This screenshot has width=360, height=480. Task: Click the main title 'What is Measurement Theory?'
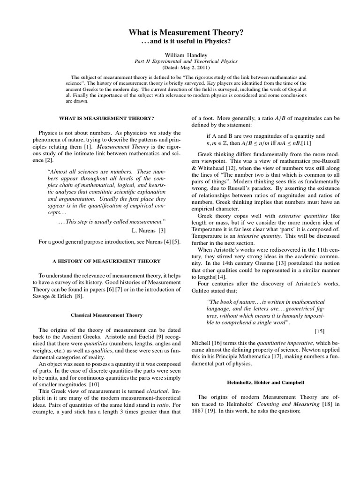coord(186,32)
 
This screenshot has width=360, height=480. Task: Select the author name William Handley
coord(186,54)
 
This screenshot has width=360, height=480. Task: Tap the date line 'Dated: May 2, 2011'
coord(186,67)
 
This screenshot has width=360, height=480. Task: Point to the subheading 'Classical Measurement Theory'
coord(106,315)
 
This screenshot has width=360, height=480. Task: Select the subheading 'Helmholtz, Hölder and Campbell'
coord(266,382)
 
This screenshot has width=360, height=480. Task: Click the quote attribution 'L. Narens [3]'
coord(149,230)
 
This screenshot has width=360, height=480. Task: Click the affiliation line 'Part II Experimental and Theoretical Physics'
coord(186,61)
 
